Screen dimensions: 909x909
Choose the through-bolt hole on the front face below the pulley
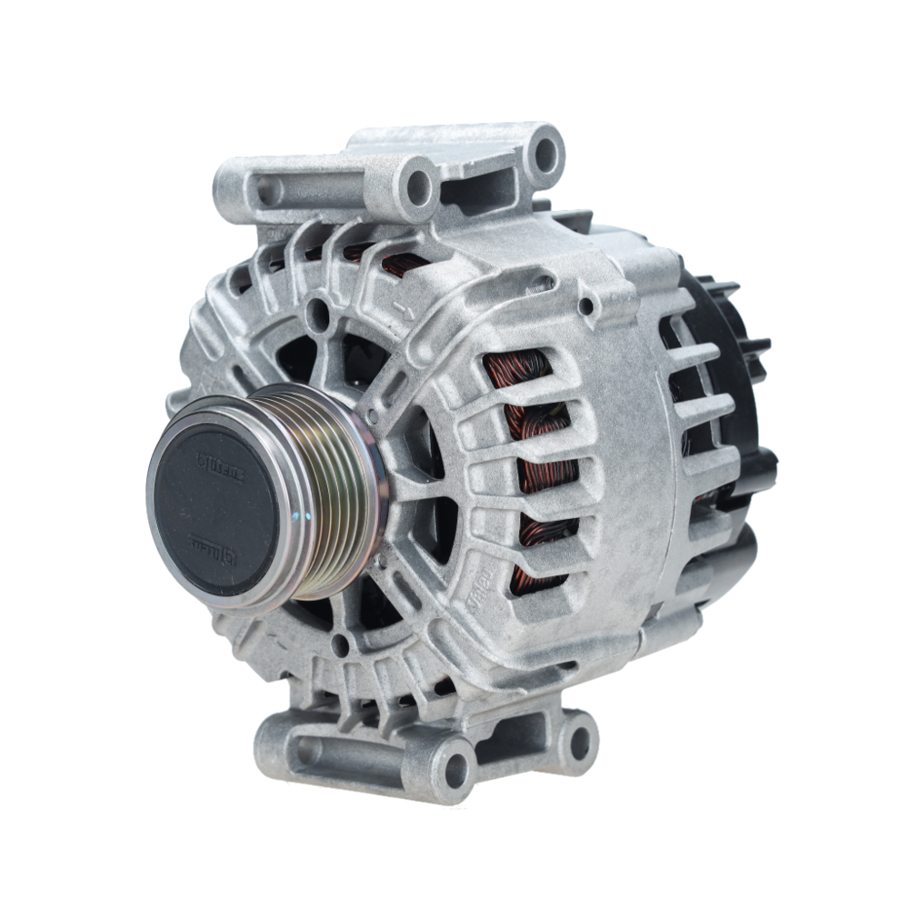coord(340,644)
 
